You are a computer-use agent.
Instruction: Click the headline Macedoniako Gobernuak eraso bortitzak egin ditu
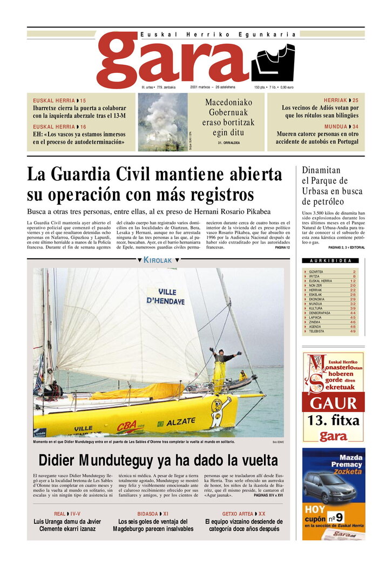tap(229, 118)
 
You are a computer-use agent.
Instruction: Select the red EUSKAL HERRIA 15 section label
tap(59, 100)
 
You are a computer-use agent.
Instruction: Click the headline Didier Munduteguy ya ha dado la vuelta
tap(158, 461)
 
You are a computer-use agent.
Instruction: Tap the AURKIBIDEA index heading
tap(330, 261)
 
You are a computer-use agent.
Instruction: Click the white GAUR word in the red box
tap(334, 403)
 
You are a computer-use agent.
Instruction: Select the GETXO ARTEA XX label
tap(244, 514)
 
